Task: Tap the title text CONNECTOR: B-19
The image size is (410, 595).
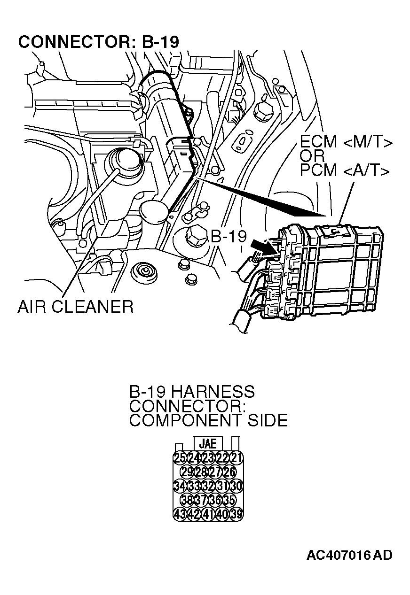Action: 99,42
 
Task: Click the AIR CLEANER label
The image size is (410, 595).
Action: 75,307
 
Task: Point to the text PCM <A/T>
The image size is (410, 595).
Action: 345,170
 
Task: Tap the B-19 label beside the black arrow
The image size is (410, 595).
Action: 229,236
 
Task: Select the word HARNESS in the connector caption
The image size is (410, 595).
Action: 212,392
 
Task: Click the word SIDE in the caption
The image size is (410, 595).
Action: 268,420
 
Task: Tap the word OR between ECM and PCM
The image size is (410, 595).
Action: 312,156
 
